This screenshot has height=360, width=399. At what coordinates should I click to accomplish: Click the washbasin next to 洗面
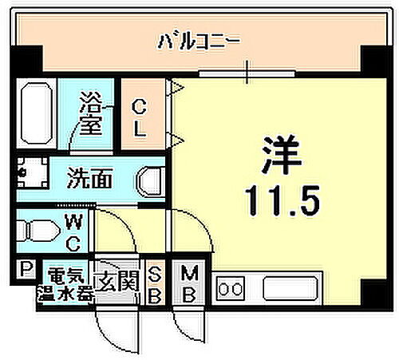coord(151,181)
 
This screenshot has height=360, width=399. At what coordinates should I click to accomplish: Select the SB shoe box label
coord(156,283)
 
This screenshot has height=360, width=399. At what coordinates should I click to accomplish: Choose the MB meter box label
coord(189,283)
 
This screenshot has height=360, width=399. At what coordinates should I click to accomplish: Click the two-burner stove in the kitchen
coord(232,287)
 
